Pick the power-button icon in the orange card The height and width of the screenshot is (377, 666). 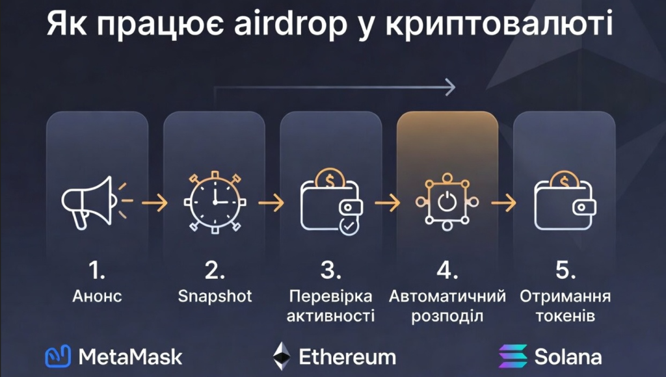pyautogui.click(x=447, y=202)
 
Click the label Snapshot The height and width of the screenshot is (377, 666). pyautogui.click(x=215, y=296)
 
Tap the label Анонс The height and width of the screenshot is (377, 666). pyautogui.click(x=97, y=297)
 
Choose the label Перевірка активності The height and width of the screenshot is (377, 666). pyautogui.click(x=331, y=306)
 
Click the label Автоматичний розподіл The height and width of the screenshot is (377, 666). pyautogui.click(x=447, y=306)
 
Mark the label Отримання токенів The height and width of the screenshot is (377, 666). pyautogui.click(x=565, y=306)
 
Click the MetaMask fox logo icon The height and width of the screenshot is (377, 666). pyautogui.click(x=57, y=356)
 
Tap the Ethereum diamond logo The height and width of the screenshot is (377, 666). pyautogui.click(x=282, y=356)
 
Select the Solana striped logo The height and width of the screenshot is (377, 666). pyautogui.click(x=512, y=356)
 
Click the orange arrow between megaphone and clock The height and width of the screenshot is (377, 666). pyautogui.click(x=153, y=202)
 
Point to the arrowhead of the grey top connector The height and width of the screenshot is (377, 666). pyautogui.click(x=449, y=86)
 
